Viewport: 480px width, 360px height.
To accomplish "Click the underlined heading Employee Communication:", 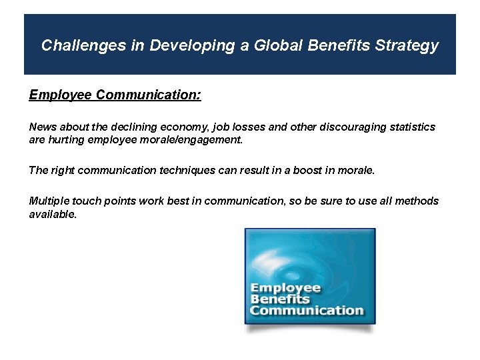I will (115, 95).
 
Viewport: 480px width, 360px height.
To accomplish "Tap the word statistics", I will (411, 127).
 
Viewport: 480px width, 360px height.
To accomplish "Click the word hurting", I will (66, 140).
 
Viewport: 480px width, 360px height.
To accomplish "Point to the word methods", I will (417, 201).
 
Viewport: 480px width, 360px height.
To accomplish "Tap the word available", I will (53, 214).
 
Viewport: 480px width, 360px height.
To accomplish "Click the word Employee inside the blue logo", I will (285, 289).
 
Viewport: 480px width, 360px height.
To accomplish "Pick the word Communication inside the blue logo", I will (307, 310).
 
